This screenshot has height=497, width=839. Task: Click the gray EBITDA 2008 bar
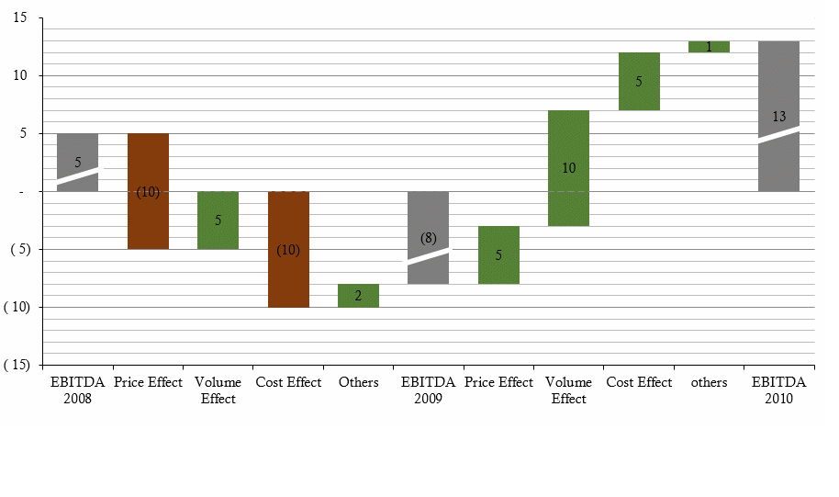pos(78,147)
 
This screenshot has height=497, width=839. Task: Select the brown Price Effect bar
pos(148,220)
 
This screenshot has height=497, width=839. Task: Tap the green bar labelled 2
pos(358,295)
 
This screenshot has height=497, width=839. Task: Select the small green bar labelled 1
pos(709,47)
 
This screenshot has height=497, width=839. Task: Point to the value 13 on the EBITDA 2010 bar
pos(778,117)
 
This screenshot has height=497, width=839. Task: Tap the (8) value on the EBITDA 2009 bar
pos(428,238)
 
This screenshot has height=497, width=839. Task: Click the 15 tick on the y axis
pos(20,17)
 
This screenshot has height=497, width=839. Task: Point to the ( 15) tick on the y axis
pos(16,365)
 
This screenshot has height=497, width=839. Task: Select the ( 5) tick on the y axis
pos(18,249)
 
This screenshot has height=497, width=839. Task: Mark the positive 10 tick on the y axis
pos(20,75)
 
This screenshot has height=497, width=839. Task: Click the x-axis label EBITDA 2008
pos(78,390)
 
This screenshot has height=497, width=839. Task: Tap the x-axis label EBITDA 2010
pos(778,390)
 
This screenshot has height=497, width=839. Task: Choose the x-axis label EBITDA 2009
pos(428,390)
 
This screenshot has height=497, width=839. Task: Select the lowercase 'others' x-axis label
pos(709,382)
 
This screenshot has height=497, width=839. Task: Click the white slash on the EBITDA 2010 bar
pos(778,134)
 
